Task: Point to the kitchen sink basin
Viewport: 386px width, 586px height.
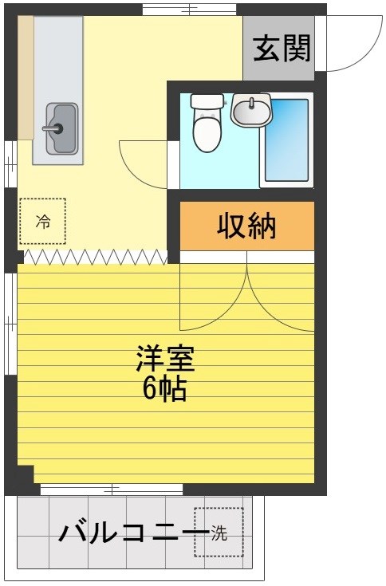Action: [61, 128]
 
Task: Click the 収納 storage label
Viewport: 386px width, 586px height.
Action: [246, 226]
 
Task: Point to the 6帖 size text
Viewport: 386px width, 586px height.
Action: [165, 389]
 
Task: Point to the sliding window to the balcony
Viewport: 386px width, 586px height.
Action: [112, 488]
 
